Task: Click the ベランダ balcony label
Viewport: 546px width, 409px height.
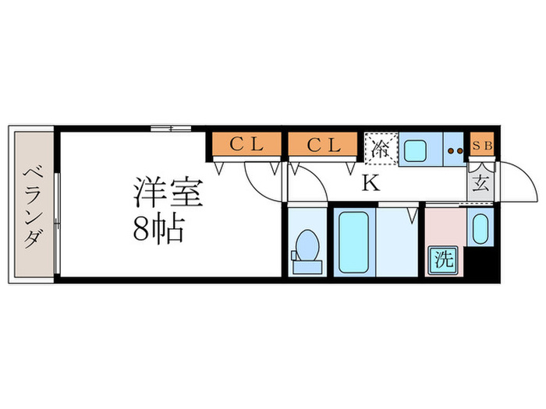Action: [31, 206]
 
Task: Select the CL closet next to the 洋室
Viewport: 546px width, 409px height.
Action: [244, 145]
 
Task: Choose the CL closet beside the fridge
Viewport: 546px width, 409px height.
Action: [323, 145]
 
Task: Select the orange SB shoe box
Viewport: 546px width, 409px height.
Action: [480, 145]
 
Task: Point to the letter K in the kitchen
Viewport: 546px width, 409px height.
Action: [372, 185]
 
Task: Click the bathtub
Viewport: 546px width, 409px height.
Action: [355, 241]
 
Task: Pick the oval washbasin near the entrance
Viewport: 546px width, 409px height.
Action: [480, 228]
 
